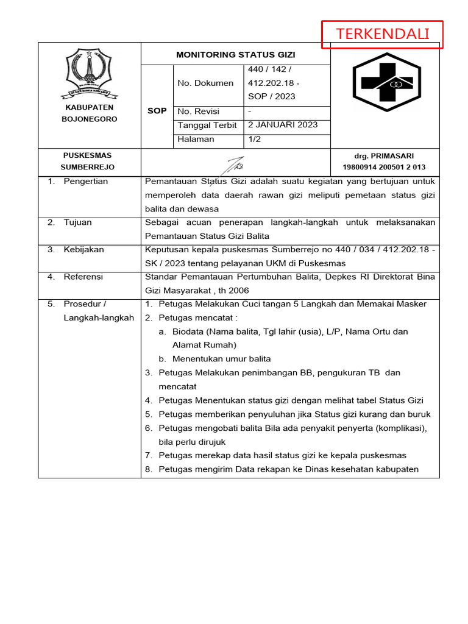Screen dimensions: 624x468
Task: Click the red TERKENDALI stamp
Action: pyautogui.click(x=382, y=34)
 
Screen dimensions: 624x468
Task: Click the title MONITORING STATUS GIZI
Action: pyautogui.click(x=235, y=54)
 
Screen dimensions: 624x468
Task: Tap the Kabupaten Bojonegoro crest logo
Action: pyautogui.click(x=89, y=74)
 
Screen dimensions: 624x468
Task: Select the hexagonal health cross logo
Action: pyautogui.click(x=385, y=83)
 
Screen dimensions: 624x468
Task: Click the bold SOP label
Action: pyautogui.click(x=157, y=111)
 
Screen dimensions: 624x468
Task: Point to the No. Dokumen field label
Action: pyautogui.click(x=205, y=83)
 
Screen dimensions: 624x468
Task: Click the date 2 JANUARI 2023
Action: pyautogui.click(x=283, y=125)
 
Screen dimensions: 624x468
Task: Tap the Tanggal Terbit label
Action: pyautogui.click(x=207, y=125)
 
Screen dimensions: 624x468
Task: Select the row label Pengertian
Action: pyautogui.click(x=85, y=181)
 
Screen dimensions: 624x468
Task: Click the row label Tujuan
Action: pyautogui.click(x=77, y=222)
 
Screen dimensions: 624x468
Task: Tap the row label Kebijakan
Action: pyautogui.click(x=83, y=249)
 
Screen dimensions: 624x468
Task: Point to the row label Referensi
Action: pyautogui.click(x=83, y=277)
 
